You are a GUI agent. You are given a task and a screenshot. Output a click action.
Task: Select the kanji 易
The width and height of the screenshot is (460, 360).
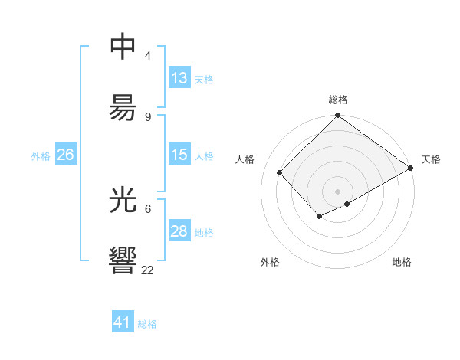(123, 107)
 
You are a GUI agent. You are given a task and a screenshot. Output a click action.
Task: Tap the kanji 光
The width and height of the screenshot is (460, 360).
(123, 201)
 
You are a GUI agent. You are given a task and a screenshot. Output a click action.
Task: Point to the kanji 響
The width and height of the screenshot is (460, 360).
(123, 260)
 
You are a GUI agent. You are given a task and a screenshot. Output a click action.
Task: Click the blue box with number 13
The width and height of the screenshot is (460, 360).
(179, 78)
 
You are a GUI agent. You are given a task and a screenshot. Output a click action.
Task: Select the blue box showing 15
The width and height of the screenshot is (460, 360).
(179, 155)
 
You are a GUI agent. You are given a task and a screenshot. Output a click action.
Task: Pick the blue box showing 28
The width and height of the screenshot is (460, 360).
(179, 231)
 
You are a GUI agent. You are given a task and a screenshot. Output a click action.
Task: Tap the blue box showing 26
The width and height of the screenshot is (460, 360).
(65, 155)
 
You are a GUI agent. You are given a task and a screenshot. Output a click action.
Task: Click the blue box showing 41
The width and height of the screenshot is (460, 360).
(123, 322)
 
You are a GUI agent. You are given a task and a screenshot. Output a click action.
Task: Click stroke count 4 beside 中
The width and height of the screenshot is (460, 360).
(148, 56)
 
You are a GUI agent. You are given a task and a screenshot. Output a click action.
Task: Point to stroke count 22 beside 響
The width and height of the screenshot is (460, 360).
(148, 270)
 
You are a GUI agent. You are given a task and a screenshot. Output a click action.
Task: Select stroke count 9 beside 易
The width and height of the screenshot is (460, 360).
(148, 116)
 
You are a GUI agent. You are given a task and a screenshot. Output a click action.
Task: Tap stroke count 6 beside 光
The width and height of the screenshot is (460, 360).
(148, 208)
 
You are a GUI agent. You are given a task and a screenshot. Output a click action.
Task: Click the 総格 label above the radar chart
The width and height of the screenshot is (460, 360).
(338, 100)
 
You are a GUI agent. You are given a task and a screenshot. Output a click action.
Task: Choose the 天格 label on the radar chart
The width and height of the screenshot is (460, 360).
(431, 159)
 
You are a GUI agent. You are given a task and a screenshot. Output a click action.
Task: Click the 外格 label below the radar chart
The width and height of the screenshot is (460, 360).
(270, 262)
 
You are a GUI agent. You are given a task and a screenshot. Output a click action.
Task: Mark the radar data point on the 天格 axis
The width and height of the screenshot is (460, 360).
(411, 169)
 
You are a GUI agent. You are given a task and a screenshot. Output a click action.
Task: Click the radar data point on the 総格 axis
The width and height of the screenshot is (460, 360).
(338, 116)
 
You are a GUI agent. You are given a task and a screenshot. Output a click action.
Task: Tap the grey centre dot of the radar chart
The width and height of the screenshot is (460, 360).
(338, 191)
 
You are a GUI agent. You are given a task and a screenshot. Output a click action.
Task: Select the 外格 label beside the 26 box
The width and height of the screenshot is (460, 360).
(41, 155)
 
